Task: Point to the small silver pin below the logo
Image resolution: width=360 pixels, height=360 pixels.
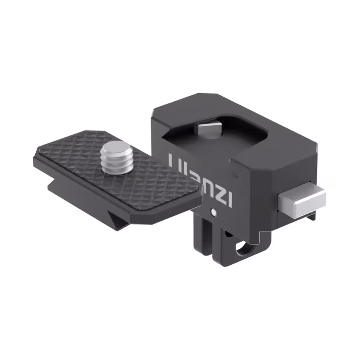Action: [214, 212]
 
